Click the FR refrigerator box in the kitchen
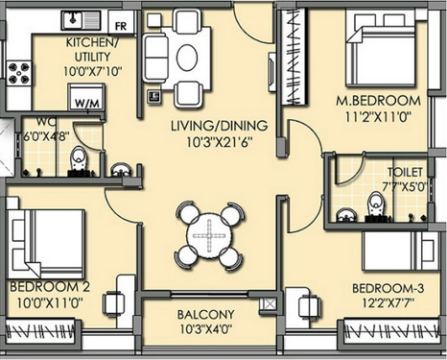pyautogui.click(x=121, y=22)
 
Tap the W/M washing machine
pyautogui.click(x=85, y=97)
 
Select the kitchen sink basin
pyautogui.click(x=73, y=19)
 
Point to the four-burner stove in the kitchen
pyautogui.click(x=18, y=73)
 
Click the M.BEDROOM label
pyautogui.click(x=378, y=102)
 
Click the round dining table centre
pyautogui.click(x=209, y=236)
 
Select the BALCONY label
pyautogui.click(x=206, y=314)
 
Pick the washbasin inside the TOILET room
pyautogui.click(x=345, y=215)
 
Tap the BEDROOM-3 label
pyautogui.click(x=388, y=288)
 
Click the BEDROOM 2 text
pyautogui.click(x=50, y=286)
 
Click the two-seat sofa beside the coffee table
pyautogui.click(x=156, y=58)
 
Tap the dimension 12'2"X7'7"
pyautogui.click(x=388, y=302)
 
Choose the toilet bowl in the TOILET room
pyautogui.click(x=374, y=205)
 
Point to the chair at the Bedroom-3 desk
pyautogui.click(x=308, y=305)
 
